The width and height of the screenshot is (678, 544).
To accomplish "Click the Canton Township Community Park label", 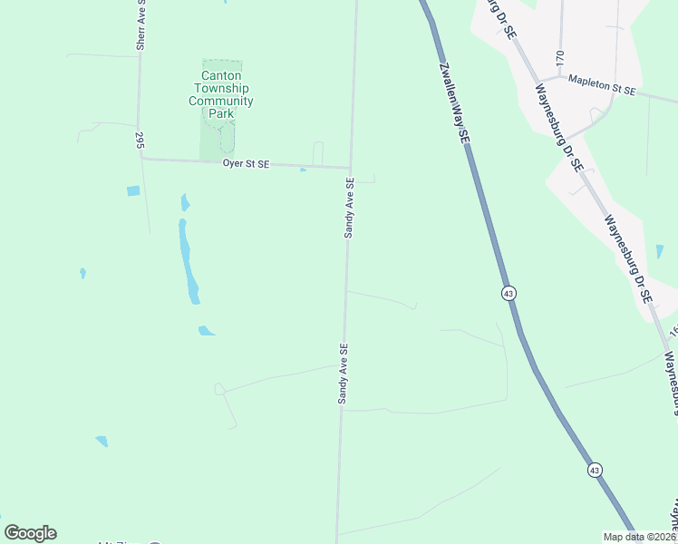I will point(220,95).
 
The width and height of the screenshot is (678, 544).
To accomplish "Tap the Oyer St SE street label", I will point(247,163).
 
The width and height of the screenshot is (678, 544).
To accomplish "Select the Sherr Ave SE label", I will point(140,30).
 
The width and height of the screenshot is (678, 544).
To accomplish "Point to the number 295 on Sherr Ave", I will point(140,141).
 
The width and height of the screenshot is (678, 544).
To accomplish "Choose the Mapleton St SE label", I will point(602,86).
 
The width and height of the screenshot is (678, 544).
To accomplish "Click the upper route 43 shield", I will point(508,293).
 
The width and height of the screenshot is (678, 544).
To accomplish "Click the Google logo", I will point(30,533).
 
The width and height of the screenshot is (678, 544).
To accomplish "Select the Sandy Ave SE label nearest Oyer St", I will point(349,208).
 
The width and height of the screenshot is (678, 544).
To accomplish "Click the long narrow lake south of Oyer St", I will point(188,263).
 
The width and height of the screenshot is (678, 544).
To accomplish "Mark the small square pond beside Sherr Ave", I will point(133,191).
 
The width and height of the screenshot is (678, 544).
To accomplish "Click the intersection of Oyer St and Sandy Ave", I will point(351,168).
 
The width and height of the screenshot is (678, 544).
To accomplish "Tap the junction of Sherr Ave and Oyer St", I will point(141,159).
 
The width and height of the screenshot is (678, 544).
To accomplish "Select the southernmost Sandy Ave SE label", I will point(344,373).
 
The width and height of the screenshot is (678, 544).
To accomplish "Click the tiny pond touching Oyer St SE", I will point(303,169).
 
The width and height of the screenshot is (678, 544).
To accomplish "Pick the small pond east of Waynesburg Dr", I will point(660,251).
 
